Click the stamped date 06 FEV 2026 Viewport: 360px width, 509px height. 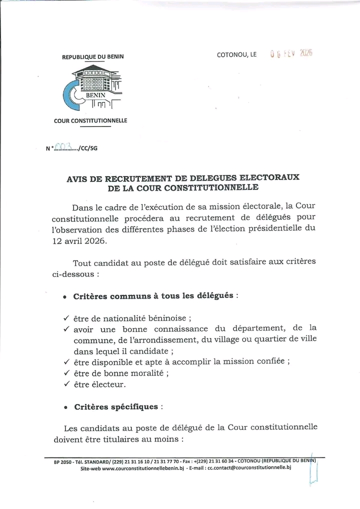(291, 54)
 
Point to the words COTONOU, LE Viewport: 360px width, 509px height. (236, 55)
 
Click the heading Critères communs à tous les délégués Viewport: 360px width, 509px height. (153, 296)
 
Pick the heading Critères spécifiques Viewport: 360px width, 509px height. (115, 407)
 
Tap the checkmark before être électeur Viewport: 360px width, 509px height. (66, 384)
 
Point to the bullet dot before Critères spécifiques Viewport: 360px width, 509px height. (65, 408)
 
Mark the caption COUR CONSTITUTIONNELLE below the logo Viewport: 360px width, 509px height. (90, 120)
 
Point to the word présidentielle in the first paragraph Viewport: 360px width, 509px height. (273, 228)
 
